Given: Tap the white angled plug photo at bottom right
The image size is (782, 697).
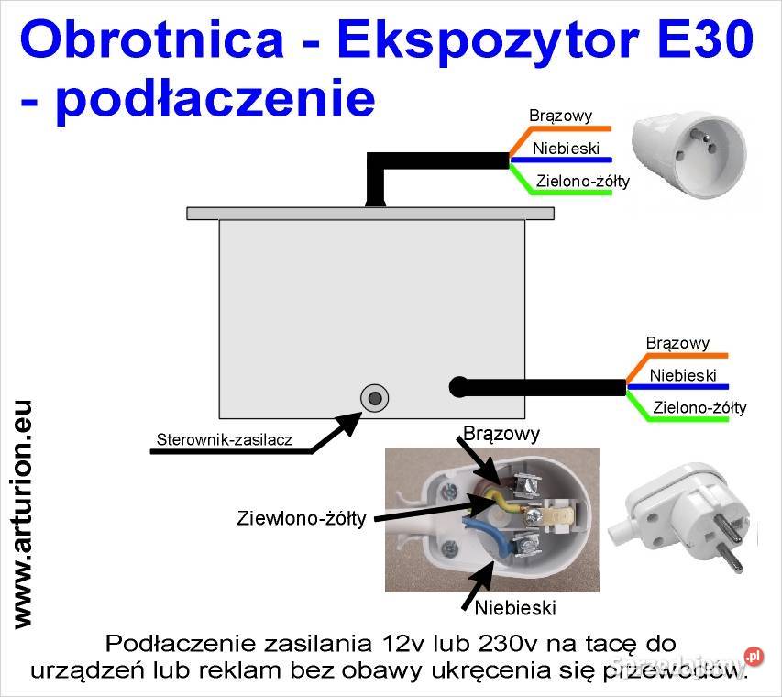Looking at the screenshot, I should pyautogui.click(x=688, y=520).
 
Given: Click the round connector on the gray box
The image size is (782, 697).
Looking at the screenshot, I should pyautogui.click(x=374, y=397).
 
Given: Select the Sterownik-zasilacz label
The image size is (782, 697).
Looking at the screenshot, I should pyautogui.click(x=225, y=439).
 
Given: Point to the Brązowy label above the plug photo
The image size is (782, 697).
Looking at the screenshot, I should pyautogui.click(x=501, y=432).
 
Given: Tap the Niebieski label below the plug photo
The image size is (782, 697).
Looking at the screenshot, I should pyautogui.click(x=515, y=607).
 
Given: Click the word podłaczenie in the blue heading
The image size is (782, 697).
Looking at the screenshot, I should pyautogui.click(x=214, y=98).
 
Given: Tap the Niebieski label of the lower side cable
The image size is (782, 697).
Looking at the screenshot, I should pyautogui.click(x=682, y=375).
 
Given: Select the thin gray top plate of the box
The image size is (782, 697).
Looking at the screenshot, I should pyautogui.click(x=370, y=213).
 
